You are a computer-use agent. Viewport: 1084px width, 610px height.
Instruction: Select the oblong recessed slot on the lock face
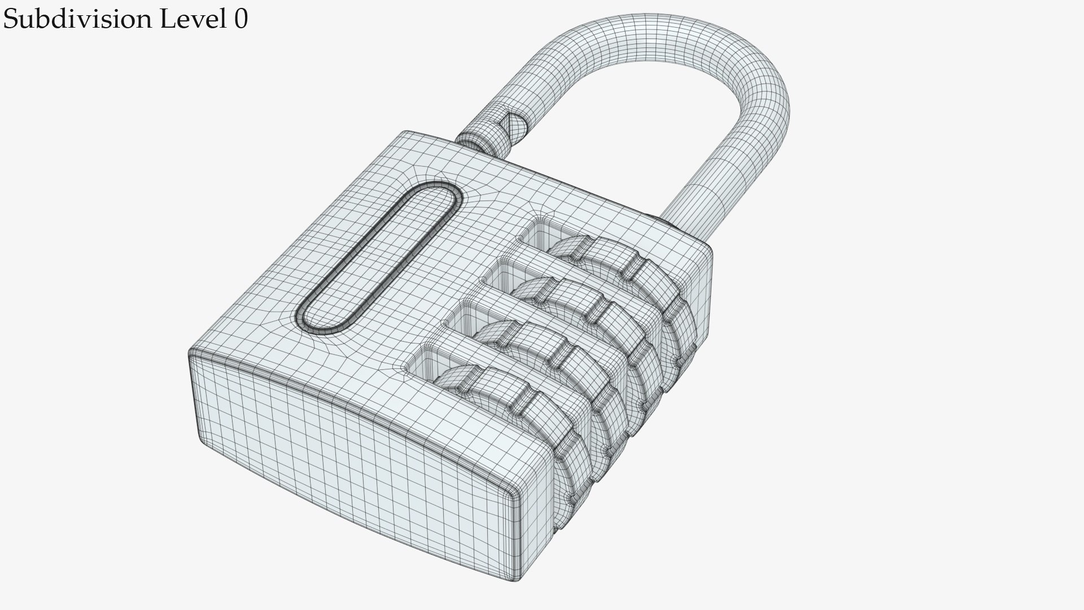pos(380,258)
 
